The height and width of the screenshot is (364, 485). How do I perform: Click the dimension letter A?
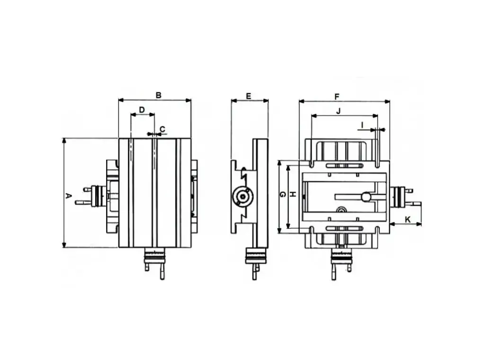point(69,196)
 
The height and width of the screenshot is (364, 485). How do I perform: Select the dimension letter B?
point(158,95)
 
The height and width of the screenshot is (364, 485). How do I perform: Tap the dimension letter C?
point(162,129)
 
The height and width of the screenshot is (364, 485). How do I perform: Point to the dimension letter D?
point(142,110)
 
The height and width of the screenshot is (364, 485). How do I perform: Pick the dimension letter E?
point(248,96)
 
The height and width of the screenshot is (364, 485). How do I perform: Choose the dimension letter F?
point(337,97)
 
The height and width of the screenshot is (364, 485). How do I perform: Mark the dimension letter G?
point(282,194)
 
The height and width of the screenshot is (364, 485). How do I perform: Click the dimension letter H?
point(293,194)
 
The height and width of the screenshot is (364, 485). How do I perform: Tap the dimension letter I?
point(362,125)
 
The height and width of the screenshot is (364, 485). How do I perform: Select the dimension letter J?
point(338,111)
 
